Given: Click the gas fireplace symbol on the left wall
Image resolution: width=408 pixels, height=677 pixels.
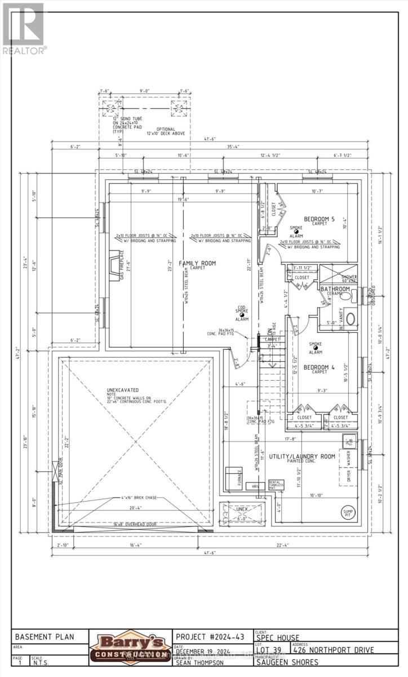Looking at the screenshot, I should tap(114, 263).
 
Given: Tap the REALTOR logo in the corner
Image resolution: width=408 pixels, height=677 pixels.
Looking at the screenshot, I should tap(23, 27).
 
